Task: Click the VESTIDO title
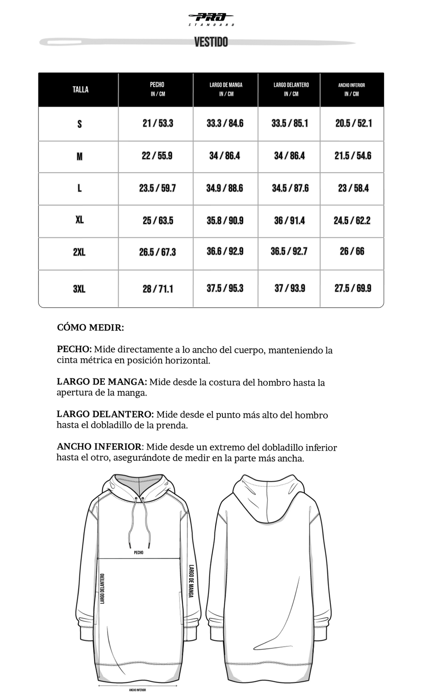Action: [x=211, y=42]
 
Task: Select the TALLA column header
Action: [x=80, y=90]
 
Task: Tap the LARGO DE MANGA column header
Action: [x=226, y=89]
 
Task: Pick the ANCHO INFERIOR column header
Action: [x=352, y=89]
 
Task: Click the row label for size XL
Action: [x=79, y=220]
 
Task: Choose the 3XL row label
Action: [x=79, y=289]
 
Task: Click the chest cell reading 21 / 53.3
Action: [x=158, y=123]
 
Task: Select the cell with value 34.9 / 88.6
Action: [x=225, y=188]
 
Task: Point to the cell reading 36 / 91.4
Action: [x=289, y=221]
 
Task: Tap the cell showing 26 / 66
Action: [x=352, y=251]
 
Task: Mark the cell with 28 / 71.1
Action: [x=158, y=289]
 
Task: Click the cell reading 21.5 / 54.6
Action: [x=353, y=156]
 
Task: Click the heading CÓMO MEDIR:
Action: [x=90, y=328]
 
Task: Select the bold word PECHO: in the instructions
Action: [x=74, y=350]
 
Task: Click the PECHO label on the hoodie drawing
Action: [x=138, y=553]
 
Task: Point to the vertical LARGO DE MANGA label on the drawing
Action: [x=191, y=581]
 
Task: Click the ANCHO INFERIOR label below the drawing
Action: [x=138, y=690]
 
